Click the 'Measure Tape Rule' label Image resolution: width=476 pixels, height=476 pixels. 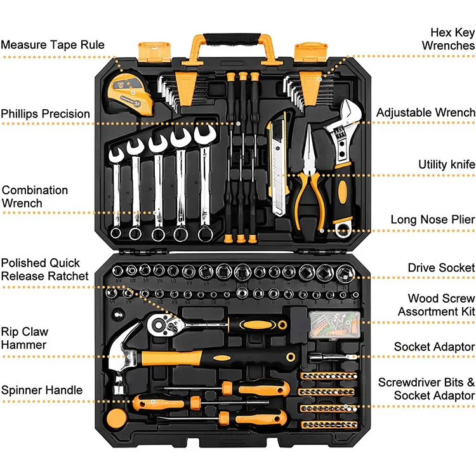click(53, 45)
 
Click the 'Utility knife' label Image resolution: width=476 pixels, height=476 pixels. click(446, 164)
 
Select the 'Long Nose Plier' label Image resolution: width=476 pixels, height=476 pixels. click(432, 220)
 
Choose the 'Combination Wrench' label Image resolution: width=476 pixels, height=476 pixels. click(34, 197)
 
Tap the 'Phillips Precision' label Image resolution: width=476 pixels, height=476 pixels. click(45, 114)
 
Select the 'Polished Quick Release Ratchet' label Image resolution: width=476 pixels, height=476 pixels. click(44, 269)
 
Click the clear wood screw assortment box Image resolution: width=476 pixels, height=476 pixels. click(335, 324)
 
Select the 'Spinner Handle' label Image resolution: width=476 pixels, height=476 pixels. click(41, 390)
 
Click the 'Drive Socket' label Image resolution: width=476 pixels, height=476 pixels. click(440, 268)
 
